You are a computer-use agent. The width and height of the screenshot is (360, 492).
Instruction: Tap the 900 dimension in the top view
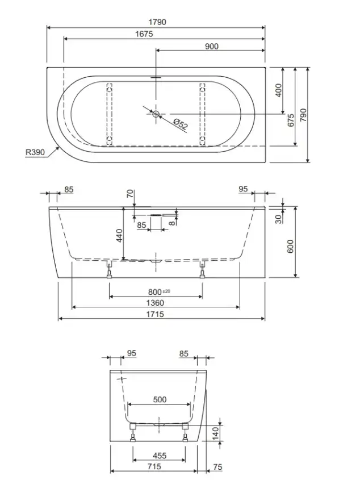click(211, 46)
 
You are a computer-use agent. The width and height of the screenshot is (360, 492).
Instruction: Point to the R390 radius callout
click(35, 152)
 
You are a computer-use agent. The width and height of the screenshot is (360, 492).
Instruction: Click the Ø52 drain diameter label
click(181, 123)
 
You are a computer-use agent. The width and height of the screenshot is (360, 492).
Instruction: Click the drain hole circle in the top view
click(157, 114)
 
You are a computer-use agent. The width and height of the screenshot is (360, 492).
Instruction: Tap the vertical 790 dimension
click(303, 114)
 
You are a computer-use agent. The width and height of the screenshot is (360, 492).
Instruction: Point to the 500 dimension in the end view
click(160, 399)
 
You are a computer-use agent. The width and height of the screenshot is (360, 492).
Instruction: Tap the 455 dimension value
click(160, 456)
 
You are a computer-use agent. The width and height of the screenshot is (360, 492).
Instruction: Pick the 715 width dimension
click(153, 467)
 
